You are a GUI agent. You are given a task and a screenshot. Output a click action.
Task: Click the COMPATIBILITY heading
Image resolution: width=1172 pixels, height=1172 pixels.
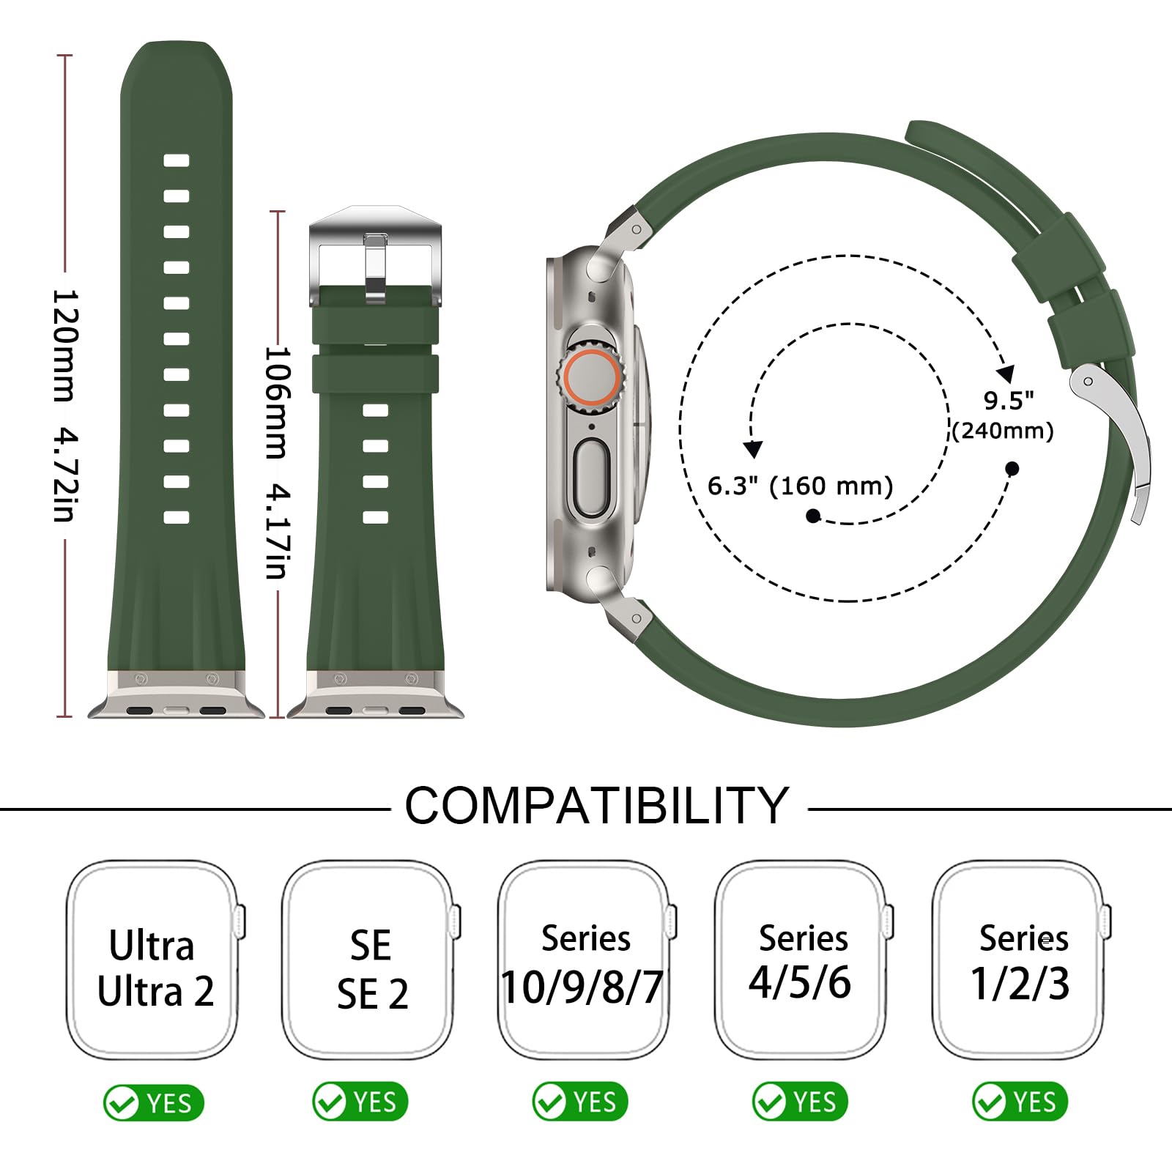click(597, 806)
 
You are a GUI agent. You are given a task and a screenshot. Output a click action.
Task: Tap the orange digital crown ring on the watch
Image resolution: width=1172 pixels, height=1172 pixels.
click(590, 382)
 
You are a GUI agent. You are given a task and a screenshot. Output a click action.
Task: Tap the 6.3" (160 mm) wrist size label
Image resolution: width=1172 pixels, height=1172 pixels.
click(800, 486)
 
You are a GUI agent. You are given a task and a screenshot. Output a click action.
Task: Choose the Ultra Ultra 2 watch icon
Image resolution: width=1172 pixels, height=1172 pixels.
click(155, 960)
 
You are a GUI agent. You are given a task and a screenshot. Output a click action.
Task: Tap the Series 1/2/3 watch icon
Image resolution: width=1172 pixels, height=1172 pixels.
click(1021, 960)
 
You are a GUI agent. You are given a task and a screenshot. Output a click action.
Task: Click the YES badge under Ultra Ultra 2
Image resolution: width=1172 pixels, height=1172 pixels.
click(154, 1102)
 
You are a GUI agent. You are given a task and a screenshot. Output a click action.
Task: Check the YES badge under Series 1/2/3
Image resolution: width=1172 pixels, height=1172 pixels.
click(1020, 1102)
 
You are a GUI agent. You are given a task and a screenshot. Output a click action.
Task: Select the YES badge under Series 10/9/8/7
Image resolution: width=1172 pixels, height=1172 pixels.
click(580, 1102)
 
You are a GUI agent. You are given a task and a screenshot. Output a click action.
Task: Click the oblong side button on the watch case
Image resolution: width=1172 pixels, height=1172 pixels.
click(591, 478)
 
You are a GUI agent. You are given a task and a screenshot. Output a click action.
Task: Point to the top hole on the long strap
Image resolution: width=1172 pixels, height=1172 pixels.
click(177, 160)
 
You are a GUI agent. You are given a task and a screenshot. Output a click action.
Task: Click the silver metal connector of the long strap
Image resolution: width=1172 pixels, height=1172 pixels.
click(176, 694)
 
